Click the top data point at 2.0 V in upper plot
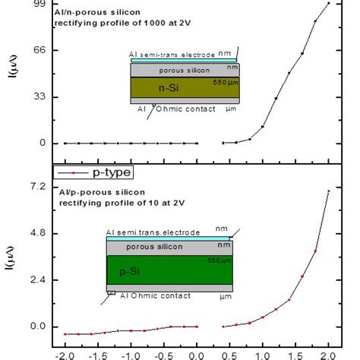pyautogui.click(x=328, y=3)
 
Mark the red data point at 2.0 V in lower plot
pyautogui.click(x=328, y=191)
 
